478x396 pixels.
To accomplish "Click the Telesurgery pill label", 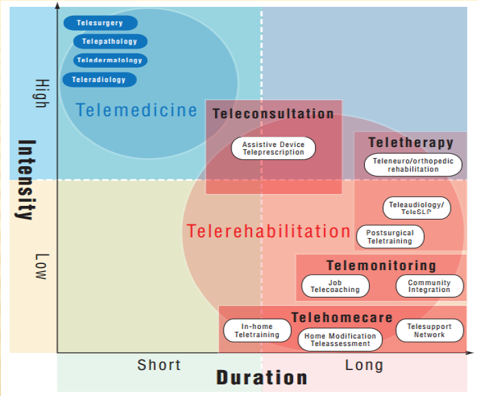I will [x=100, y=23].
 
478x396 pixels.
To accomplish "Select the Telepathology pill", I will [x=110, y=42].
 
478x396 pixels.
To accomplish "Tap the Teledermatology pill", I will [x=110, y=60].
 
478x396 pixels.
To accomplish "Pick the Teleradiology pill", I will [x=99, y=79].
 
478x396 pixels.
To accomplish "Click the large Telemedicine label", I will [x=136, y=109].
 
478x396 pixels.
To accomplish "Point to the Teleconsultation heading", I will [x=273, y=114].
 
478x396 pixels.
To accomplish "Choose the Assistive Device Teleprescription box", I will [x=273, y=148].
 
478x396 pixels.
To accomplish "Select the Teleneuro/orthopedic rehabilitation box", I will [x=413, y=166].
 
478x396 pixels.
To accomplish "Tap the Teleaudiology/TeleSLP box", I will [x=416, y=208].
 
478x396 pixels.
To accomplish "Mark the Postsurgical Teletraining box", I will [x=390, y=237].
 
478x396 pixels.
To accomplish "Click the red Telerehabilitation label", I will [x=268, y=231].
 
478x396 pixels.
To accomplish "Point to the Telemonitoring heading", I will [x=381, y=265].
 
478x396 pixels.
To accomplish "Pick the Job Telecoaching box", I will [x=335, y=286].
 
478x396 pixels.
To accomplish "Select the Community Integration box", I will [x=429, y=286].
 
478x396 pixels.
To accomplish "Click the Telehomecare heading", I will [x=342, y=317].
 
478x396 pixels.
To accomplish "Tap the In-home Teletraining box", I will [x=257, y=331].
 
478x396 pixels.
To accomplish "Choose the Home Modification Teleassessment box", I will [x=340, y=340].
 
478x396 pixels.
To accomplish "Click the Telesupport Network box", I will [x=429, y=331].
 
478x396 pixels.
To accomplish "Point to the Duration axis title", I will [x=262, y=377].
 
